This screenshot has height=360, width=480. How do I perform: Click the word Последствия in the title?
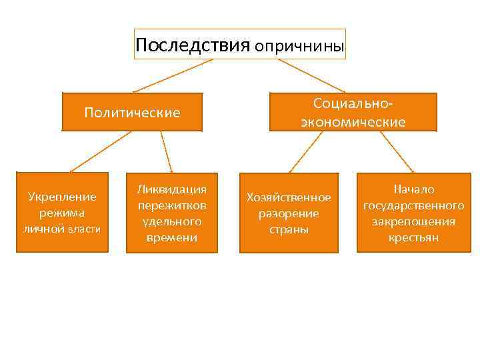tap(192, 45)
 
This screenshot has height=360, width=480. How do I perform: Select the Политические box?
tap(132, 112)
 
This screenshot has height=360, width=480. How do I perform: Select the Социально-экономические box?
tap(353, 112)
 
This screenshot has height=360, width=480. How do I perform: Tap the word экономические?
tap(353, 122)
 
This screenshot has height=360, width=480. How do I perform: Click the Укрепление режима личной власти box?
tap(62, 213)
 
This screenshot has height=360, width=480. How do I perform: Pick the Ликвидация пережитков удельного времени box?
tap(171, 213)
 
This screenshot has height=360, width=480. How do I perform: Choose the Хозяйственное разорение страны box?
tap(289, 213)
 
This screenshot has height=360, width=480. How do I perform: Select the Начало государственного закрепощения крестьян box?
tap(413, 213)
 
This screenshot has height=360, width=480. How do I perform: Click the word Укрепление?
tap(62, 197)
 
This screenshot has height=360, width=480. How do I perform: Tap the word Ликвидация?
tap(171, 189)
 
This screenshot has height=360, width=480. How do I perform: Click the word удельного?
tap(171, 221)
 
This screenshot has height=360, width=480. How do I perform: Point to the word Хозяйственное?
tap(289, 197)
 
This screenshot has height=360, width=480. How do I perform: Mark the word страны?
tap(289, 229)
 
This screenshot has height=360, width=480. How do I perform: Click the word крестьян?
tap(413, 237)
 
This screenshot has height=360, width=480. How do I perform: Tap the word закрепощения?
tap(413, 221)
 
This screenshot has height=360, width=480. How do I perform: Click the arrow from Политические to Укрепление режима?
tap(100, 151)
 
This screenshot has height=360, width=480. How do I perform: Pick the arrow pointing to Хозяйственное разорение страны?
tap(305, 151)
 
